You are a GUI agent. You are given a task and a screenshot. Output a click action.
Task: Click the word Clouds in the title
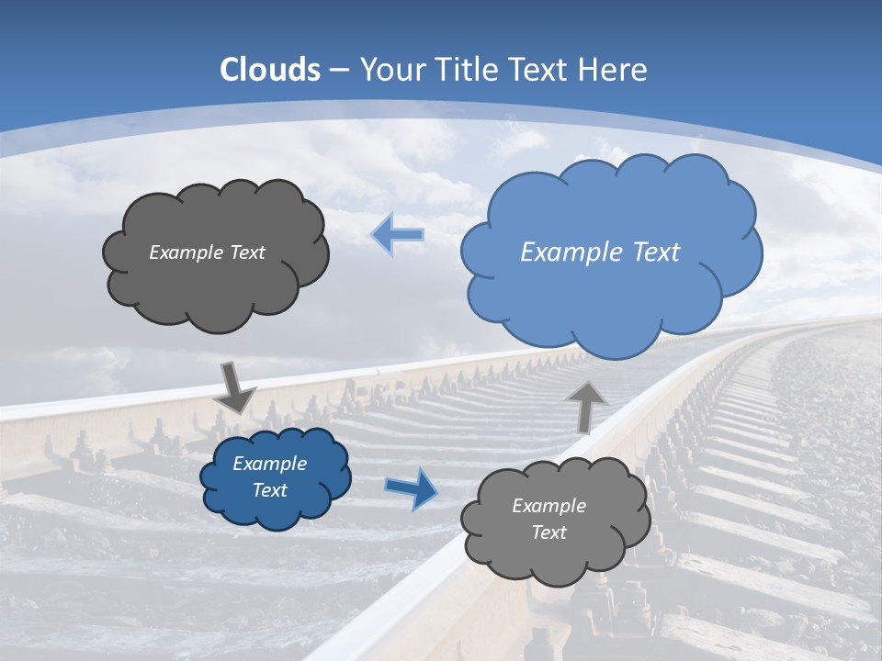(270, 70)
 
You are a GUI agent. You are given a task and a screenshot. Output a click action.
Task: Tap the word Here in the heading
(616, 70)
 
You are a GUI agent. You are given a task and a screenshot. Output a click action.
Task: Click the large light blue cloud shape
(610, 275)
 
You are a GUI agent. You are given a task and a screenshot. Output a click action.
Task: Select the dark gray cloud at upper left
(216, 285)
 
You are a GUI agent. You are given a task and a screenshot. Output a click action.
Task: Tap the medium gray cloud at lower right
(556, 560)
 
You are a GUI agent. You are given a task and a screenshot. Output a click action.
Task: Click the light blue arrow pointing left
(398, 235)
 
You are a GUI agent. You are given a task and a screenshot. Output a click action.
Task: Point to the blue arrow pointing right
(412, 488)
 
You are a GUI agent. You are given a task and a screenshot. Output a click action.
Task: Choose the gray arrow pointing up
(586, 406)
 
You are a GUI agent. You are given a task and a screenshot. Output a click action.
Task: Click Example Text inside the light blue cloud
(600, 252)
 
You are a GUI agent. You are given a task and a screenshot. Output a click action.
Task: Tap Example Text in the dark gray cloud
(207, 252)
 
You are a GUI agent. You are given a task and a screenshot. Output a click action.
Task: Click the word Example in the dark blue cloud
(269, 464)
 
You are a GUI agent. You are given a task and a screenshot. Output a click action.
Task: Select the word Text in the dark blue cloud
(269, 490)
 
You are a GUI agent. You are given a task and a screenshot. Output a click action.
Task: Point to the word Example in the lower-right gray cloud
(548, 506)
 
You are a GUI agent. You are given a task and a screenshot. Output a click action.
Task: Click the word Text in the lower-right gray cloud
(548, 532)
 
